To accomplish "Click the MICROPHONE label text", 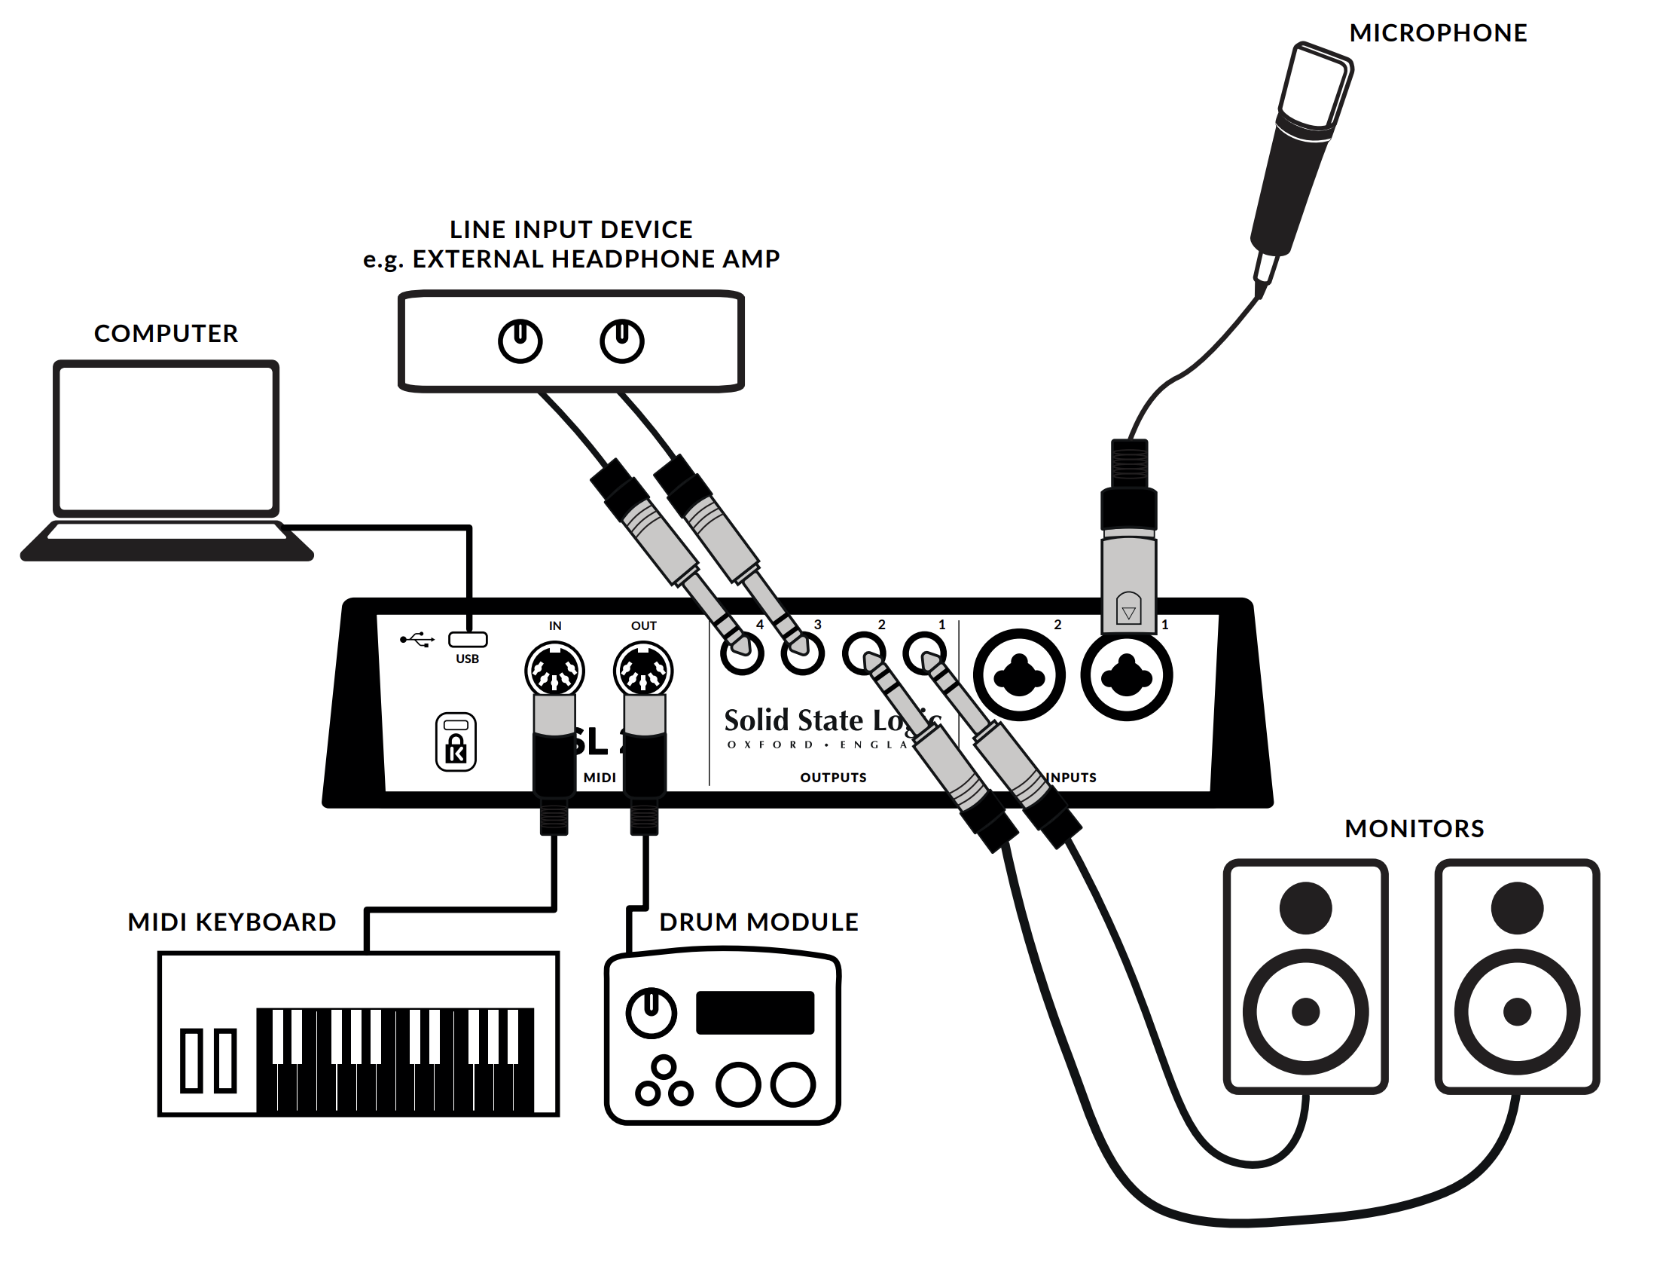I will [1438, 33].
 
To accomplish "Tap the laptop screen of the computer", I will [166, 437].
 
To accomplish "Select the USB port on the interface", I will [468, 640].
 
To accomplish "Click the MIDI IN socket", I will [554, 669].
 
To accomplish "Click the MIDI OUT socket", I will [643, 669].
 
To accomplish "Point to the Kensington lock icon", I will [456, 742].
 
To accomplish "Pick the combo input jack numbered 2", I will [1019, 675].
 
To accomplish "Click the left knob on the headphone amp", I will [520, 341].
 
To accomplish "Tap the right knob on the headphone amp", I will [621, 341].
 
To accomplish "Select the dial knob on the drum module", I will [652, 1012].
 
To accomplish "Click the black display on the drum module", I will [755, 1012].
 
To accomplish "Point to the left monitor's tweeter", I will [1305, 907].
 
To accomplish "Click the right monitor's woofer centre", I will [1517, 1011].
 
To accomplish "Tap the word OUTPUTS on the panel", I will [833, 777].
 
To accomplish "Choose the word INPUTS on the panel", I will [1073, 777].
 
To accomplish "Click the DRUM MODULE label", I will [758, 922].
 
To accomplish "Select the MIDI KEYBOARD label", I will [231, 922].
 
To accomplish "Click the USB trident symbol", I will [417, 640].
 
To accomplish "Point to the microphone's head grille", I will [1314, 83].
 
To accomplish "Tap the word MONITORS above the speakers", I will [1414, 828].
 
